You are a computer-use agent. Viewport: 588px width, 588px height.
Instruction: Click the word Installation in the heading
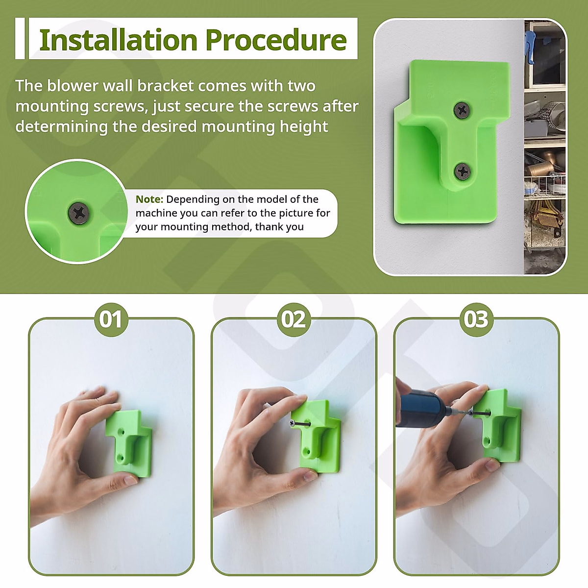tap(118, 40)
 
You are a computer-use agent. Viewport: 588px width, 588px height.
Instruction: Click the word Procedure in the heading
tap(276, 40)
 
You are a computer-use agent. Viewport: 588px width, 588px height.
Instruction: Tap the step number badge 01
tap(111, 319)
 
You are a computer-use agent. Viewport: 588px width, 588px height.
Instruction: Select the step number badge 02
tap(294, 319)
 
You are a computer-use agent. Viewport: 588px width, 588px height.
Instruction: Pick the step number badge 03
tap(476, 319)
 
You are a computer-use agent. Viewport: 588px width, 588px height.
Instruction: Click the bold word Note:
tap(149, 199)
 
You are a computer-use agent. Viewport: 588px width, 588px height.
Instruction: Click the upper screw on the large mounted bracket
tap(462, 110)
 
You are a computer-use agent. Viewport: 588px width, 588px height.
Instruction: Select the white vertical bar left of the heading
tap(20, 39)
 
